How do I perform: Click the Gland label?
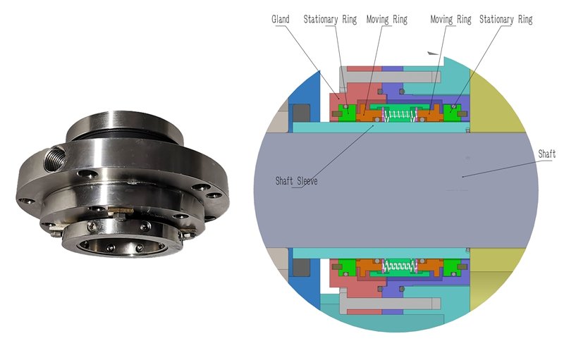pyautogui.click(x=281, y=20)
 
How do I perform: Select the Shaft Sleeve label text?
pyautogui.click(x=296, y=180)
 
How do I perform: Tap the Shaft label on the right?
pyautogui.click(x=546, y=154)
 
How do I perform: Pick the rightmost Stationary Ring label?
pyautogui.click(x=505, y=20)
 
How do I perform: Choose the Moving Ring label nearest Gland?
pyautogui.click(x=386, y=20)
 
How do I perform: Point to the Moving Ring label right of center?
pyautogui.click(x=450, y=20)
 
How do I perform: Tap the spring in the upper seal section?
pyautogui.click(x=400, y=114)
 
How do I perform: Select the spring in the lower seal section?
pyautogui.click(x=400, y=266)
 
